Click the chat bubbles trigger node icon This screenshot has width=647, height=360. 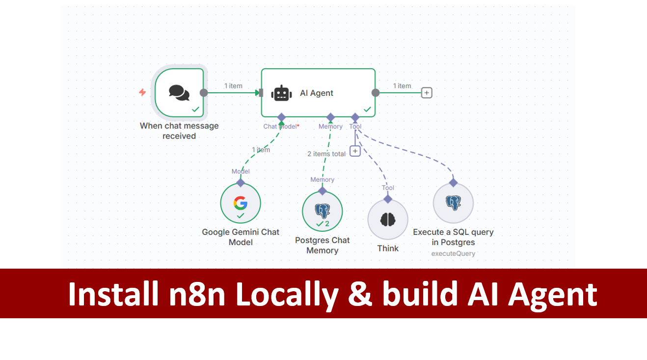click(x=179, y=92)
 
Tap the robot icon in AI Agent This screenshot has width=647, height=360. click(x=281, y=93)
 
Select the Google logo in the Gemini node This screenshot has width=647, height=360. click(x=240, y=202)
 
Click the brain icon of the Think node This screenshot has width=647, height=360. click(x=388, y=219)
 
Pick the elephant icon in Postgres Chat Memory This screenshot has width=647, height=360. click(x=322, y=211)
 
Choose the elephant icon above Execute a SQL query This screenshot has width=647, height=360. click(x=453, y=202)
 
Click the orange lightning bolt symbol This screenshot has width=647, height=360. click(x=142, y=92)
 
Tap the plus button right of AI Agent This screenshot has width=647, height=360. click(x=427, y=93)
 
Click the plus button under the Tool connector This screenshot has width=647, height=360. click(x=355, y=151)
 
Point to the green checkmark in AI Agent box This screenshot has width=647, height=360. click(x=367, y=109)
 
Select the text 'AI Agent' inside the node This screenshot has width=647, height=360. click(x=317, y=93)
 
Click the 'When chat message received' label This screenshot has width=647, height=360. click(x=179, y=131)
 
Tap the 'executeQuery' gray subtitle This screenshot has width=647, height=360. click(x=453, y=253)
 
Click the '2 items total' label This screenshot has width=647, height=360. click(x=326, y=154)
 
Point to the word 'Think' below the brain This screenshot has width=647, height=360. click(x=388, y=248)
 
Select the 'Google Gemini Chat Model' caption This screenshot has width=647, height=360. click(x=241, y=237)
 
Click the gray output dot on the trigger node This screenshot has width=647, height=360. click(x=204, y=93)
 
